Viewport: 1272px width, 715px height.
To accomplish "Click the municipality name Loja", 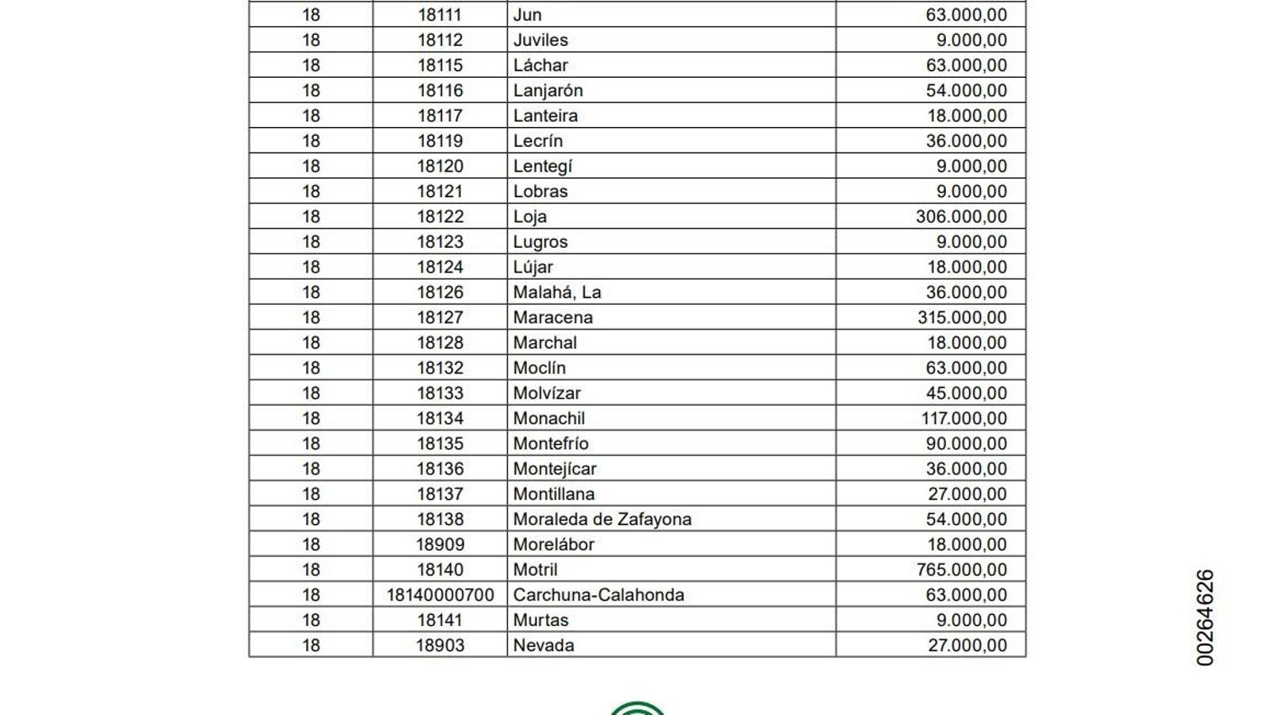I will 530,217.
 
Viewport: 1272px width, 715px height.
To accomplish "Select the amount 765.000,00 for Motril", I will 962,570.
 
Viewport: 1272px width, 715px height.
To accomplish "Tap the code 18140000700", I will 440,595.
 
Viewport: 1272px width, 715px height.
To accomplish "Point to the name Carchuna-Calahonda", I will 599,595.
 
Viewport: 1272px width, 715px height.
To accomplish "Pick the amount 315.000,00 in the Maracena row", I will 962,318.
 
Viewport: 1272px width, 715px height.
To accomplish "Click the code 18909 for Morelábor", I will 440,544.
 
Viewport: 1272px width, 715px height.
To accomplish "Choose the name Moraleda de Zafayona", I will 603,519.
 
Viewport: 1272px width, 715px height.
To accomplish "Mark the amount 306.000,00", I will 962,217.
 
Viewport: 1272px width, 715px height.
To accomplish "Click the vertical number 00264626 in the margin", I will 1205,617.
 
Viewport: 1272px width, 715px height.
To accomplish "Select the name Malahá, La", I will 557,292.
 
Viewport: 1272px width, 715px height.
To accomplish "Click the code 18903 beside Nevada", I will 440,645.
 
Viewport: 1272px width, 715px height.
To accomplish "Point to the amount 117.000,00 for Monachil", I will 962,419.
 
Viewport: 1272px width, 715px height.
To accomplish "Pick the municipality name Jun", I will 527,15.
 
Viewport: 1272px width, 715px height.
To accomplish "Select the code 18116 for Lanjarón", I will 440,91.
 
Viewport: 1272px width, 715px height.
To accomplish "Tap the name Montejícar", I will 555,469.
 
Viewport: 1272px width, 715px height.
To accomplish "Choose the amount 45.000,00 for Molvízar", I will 966,393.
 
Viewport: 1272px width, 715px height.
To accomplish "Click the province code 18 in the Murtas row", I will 311,620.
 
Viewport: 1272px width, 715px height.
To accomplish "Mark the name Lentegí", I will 543,166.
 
